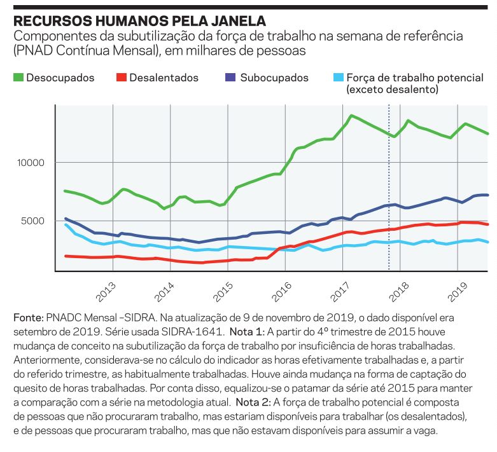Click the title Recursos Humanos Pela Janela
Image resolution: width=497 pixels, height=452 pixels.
[x=139, y=21]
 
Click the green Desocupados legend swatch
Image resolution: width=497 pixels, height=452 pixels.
[x=18, y=78]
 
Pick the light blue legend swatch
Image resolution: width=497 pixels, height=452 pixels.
[x=339, y=78]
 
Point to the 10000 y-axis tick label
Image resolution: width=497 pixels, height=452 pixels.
[x=31, y=163]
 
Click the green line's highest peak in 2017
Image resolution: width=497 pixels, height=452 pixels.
[x=351, y=116]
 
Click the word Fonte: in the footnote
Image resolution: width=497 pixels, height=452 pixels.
[x=28, y=317]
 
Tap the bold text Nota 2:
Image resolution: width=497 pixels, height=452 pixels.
[x=254, y=402]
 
